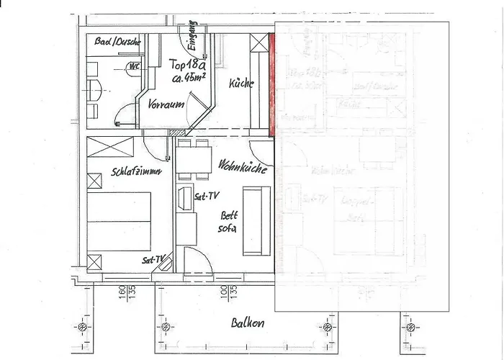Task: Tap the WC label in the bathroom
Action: click(133, 67)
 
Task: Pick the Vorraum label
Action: click(165, 104)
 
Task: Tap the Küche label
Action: click(241, 84)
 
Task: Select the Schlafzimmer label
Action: click(136, 172)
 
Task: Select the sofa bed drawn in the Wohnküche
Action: click(256, 220)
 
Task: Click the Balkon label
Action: click(247, 323)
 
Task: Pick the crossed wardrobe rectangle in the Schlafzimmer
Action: click(110, 146)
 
